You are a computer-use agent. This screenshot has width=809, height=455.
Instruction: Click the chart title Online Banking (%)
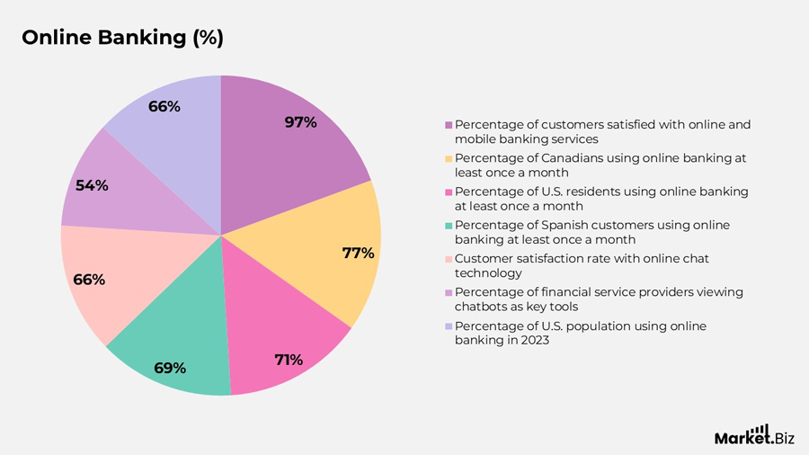[x=122, y=38]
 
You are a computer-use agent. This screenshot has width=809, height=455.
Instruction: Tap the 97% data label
[x=300, y=122]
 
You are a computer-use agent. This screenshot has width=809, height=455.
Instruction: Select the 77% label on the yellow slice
[x=358, y=253]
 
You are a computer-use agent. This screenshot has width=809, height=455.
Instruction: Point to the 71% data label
[x=289, y=360]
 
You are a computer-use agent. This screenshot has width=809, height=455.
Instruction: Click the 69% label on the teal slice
[x=170, y=368]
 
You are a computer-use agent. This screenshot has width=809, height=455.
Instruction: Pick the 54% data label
[x=92, y=185]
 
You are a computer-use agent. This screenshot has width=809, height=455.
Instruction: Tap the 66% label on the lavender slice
[x=164, y=106]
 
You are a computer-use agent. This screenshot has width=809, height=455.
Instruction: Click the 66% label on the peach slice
[x=89, y=280]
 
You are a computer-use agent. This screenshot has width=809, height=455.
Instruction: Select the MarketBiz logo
[x=752, y=435]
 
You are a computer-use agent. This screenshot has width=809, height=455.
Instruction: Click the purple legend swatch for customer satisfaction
[x=449, y=125]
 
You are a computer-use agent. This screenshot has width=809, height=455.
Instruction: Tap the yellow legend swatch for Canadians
[x=449, y=158]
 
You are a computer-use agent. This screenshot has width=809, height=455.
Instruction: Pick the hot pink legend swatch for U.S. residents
[x=449, y=192]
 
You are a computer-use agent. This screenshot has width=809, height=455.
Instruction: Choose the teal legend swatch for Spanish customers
[x=449, y=226]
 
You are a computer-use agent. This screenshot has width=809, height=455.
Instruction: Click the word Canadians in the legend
[x=557, y=158]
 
